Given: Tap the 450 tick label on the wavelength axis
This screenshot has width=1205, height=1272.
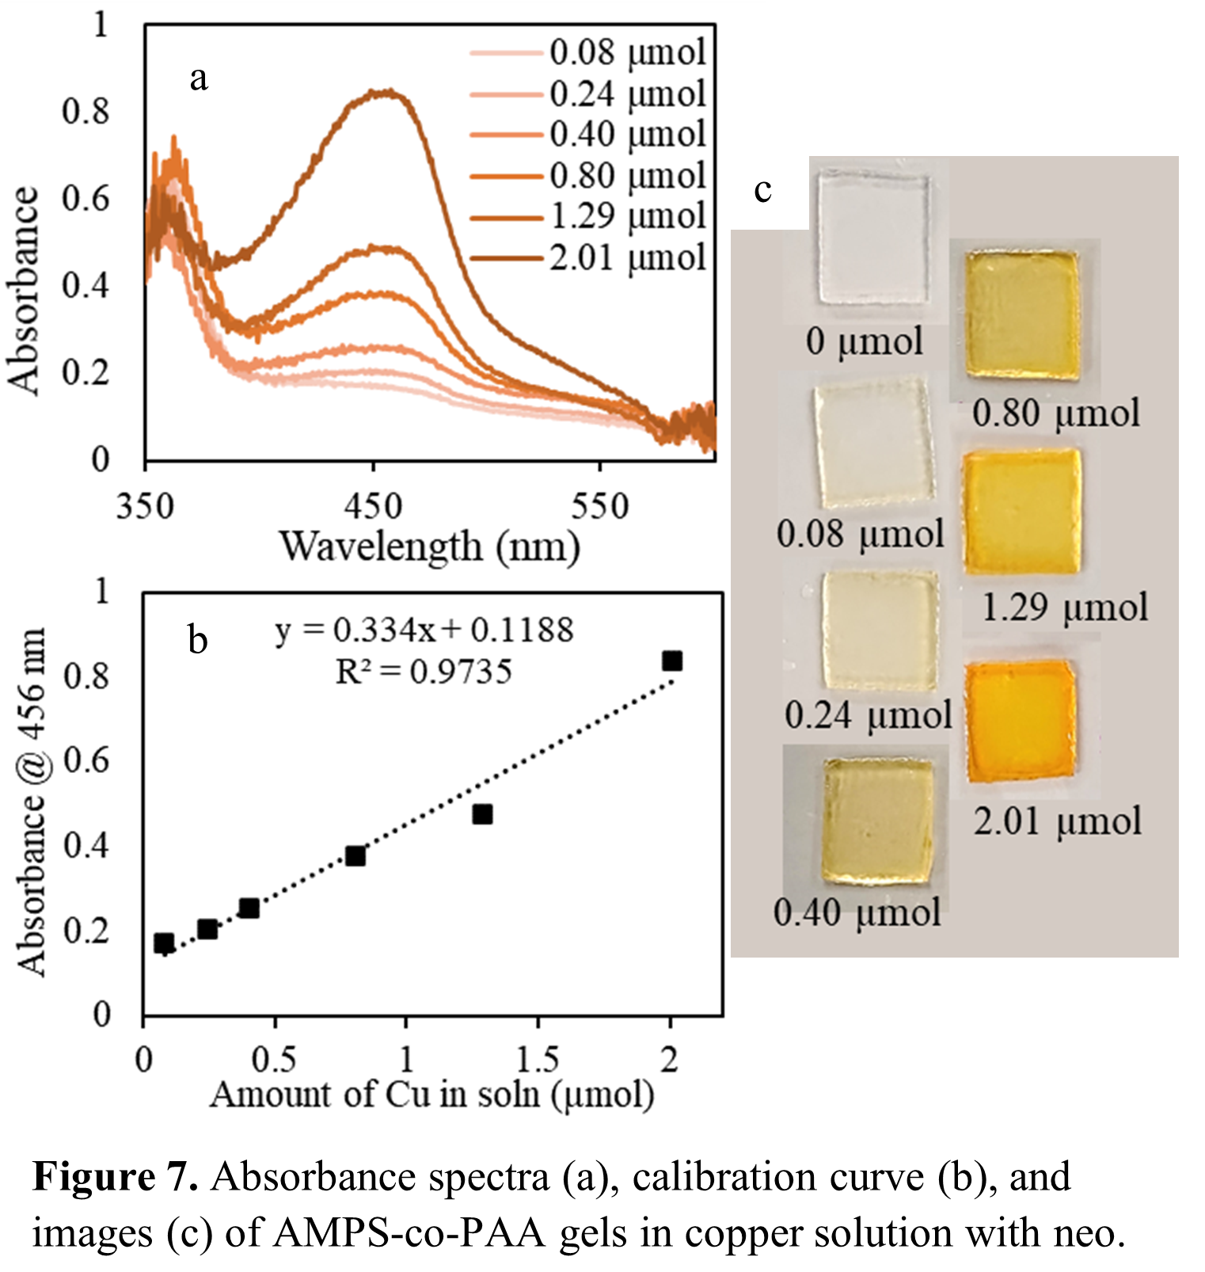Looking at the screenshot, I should coord(372,506).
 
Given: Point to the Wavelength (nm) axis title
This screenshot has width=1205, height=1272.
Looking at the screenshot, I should coord(430,547).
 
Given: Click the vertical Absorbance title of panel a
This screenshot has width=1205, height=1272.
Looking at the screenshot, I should coord(24,291).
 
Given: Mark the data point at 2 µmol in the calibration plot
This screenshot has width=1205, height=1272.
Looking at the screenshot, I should coord(672,661).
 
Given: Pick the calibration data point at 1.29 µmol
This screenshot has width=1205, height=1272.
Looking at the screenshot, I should coord(482,814).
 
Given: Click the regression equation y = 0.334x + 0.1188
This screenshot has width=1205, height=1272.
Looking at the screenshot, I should coord(424,630).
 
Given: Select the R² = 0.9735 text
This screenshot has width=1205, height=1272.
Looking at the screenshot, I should coord(424,672).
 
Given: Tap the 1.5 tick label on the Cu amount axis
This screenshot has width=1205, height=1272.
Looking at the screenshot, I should coord(538,1059).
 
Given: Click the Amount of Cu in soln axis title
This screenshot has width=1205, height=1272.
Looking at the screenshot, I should coord(432,1095).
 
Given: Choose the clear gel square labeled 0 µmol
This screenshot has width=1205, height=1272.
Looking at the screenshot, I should coord(873,238).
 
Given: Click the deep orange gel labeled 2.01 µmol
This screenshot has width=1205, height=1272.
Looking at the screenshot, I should coord(1021,719).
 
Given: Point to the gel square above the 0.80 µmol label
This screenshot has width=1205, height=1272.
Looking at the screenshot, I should coord(1023,314).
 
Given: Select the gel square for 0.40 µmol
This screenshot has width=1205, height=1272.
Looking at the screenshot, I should coord(877,821).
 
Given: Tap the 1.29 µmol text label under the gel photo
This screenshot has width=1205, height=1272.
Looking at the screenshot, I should coord(1065,608).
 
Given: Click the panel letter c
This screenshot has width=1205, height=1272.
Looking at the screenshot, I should coord(762,189).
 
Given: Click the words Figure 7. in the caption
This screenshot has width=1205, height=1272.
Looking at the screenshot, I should coord(116,1178).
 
